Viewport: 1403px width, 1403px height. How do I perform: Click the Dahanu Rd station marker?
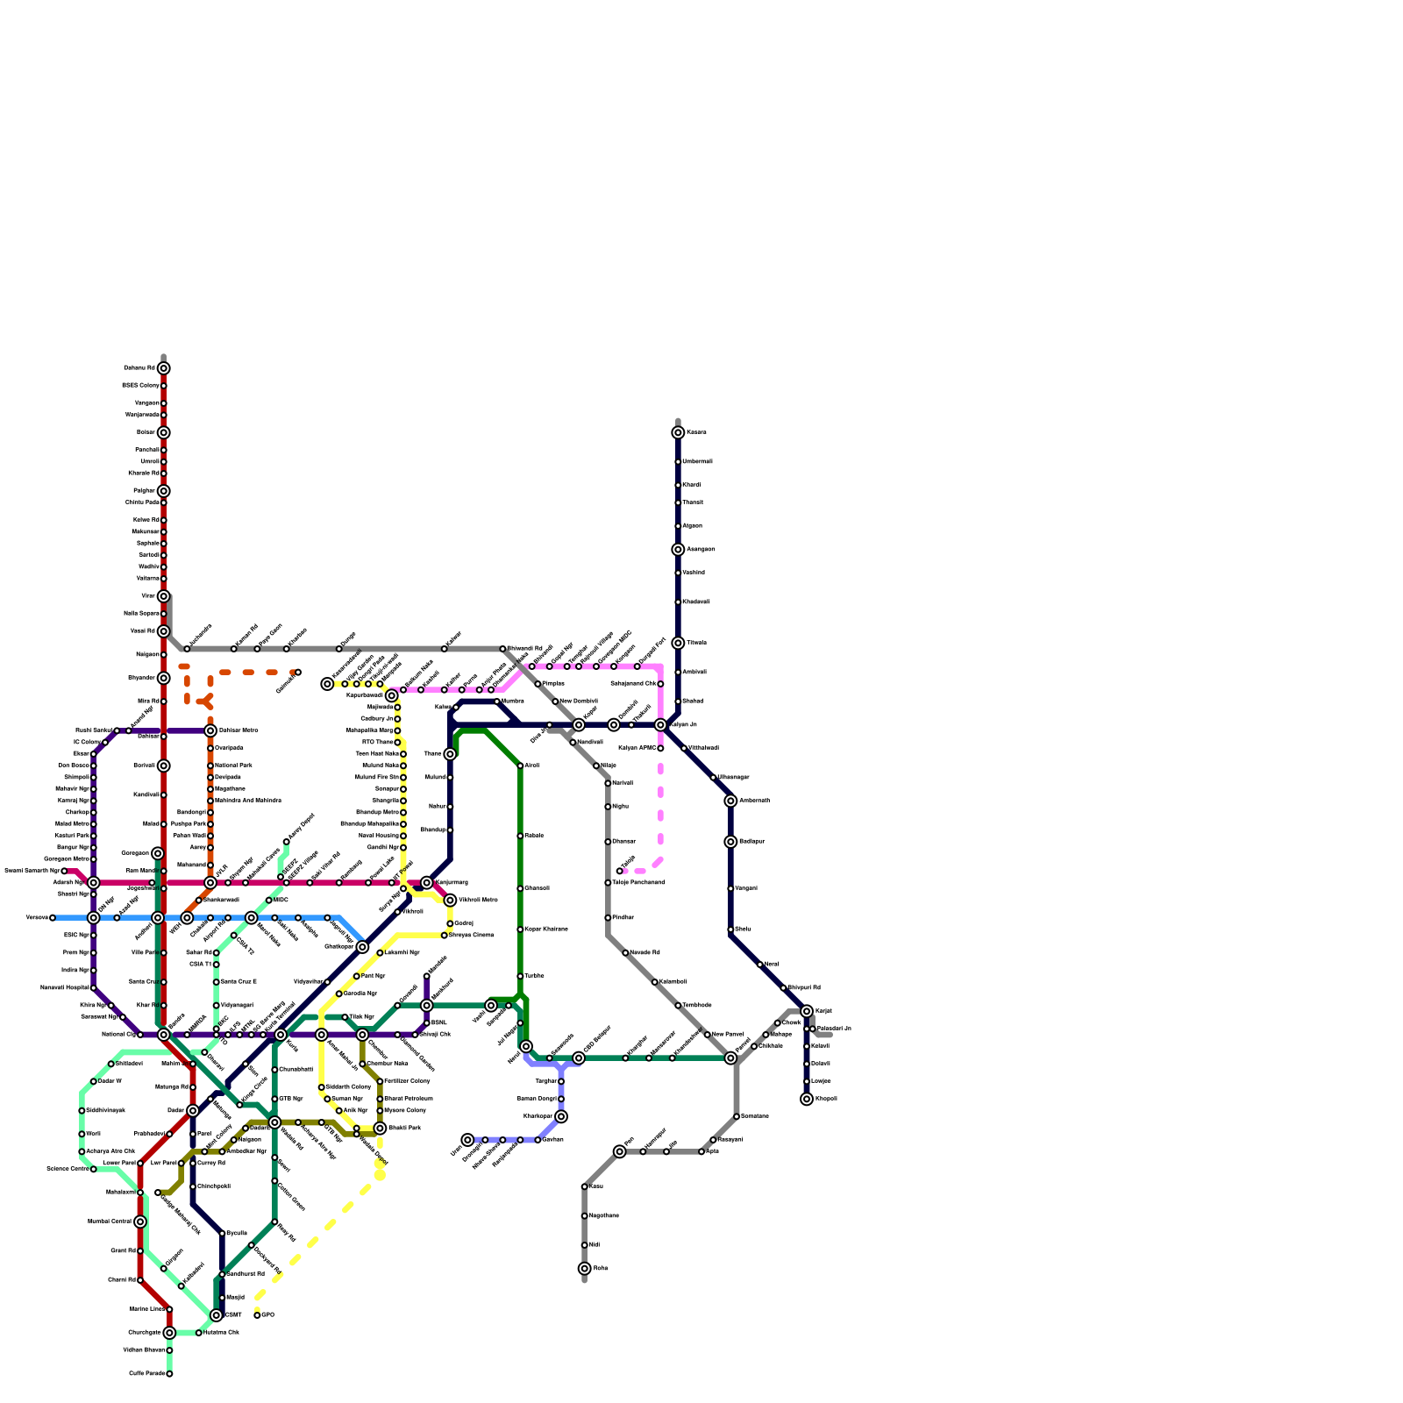click(163, 368)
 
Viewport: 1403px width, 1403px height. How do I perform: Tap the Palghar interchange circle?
click(163, 491)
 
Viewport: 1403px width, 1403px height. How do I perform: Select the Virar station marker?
click(163, 596)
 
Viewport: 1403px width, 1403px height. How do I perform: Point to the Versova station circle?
click(53, 918)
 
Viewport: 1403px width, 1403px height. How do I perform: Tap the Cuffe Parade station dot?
click(169, 1374)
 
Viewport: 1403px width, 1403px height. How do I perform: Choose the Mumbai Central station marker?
click(140, 1221)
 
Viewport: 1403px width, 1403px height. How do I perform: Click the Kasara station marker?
click(678, 432)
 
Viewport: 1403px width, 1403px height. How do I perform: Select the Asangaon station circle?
click(678, 550)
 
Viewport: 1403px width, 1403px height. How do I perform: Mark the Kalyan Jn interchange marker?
click(660, 725)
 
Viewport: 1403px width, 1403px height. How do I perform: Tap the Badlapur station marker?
click(730, 842)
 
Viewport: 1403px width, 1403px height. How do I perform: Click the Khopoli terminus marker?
click(807, 1099)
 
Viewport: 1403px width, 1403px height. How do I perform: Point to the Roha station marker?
click(585, 1269)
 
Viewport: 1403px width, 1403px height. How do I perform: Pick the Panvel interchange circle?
click(730, 1058)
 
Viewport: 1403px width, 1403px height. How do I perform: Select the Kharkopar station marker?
click(561, 1116)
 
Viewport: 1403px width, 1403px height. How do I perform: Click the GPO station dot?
click(257, 1315)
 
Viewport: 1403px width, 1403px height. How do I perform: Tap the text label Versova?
click(36, 918)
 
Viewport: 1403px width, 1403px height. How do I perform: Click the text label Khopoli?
click(826, 1099)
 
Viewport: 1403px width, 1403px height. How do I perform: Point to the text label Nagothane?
click(604, 1216)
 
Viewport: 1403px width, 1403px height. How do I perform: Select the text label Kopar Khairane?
click(546, 929)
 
